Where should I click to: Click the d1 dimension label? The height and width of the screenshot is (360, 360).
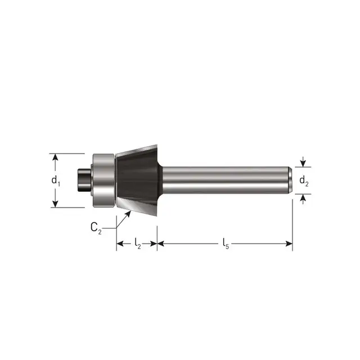coord(55,181)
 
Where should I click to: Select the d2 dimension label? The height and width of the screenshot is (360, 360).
coord(303,181)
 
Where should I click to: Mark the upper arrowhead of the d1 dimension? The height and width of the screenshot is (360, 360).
coord(55,157)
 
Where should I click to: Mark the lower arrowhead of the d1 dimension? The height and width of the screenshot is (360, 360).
coord(55,204)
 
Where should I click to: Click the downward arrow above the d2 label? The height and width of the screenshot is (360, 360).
coord(303,163)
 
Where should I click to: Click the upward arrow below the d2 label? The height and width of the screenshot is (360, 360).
coord(303,197)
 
